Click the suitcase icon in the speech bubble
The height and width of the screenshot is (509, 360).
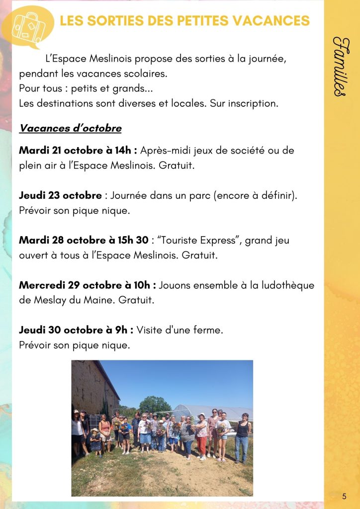(x=28, y=25)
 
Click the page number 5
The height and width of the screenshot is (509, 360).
(x=344, y=496)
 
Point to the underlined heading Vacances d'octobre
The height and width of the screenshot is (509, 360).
(x=70, y=128)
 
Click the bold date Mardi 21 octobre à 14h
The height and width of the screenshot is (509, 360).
(x=78, y=150)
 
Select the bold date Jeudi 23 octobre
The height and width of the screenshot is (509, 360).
(x=60, y=195)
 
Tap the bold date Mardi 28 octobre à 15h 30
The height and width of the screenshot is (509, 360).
(x=84, y=241)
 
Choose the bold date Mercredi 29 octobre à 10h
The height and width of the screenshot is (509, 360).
(x=88, y=286)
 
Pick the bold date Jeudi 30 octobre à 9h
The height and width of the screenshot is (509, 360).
(x=76, y=331)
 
